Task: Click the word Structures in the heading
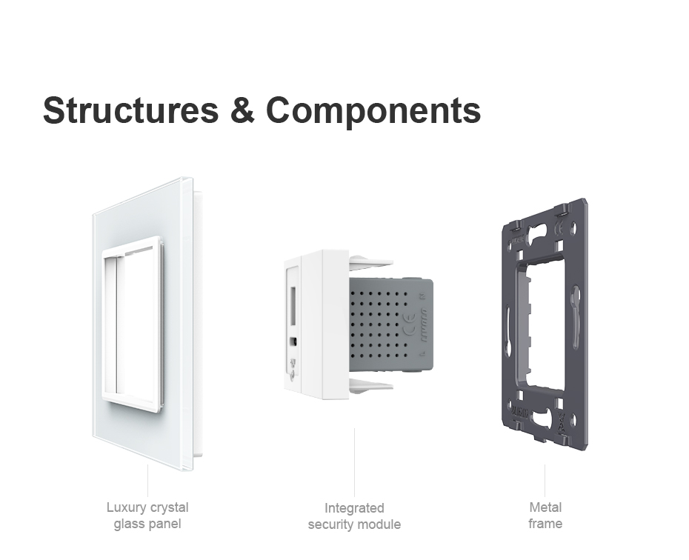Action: tap(131, 110)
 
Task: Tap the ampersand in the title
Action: tap(242, 110)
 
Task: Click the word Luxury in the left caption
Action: tap(126, 507)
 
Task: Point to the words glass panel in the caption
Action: tap(147, 524)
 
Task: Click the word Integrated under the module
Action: tap(354, 508)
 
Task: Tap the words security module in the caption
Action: tap(354, 524)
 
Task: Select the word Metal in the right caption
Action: tap(545, 507)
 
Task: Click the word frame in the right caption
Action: tap(545, 524)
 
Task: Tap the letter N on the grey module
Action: tap(423, 296)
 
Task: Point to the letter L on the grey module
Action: tap(422, 353)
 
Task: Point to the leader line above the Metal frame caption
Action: tap(545, 481)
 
